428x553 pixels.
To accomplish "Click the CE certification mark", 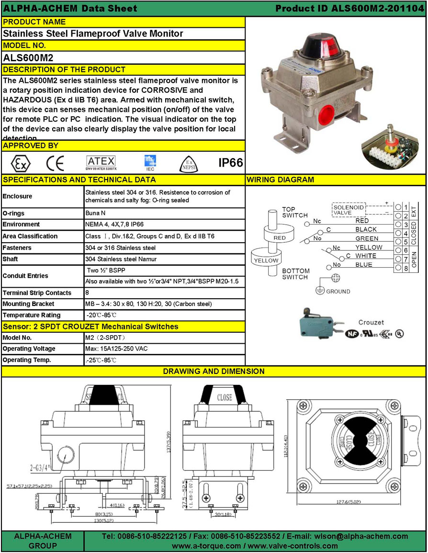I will click(55, 163).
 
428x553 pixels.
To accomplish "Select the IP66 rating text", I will click(230, 163).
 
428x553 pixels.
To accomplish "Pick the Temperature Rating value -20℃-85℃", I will click(101, 315).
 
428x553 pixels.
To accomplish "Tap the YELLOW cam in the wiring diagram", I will click(266, 260).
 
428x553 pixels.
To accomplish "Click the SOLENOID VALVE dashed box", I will click(348, 209).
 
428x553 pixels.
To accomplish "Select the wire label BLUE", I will click(363, 264).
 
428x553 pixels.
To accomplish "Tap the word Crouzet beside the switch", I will click(371, 323).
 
